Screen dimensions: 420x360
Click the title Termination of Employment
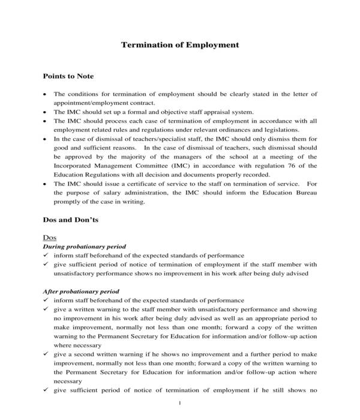[180, 44]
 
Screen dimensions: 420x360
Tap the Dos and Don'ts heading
[71, 220]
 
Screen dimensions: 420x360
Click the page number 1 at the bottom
[180, 403]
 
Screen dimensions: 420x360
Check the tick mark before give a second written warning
[46, 354]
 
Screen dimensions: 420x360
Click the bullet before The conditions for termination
[46, 95]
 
